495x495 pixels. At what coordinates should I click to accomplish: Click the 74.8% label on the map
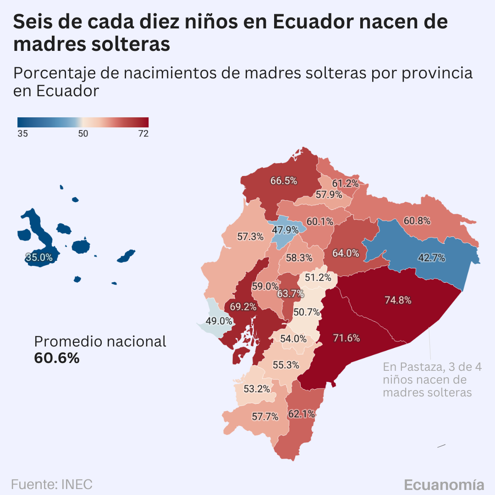point(397,300)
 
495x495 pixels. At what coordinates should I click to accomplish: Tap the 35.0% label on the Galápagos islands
point(39,258)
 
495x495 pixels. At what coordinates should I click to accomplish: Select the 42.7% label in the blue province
point(431,258)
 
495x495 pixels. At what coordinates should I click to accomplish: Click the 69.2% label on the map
point(243,307)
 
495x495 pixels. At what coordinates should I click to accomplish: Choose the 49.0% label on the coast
point(219,321)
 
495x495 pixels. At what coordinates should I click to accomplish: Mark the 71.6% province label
point(346,338)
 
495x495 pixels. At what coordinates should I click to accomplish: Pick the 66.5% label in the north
point(283,181)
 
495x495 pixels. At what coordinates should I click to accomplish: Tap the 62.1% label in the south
point(301,414)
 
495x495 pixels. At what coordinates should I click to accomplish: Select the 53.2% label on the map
point(257,389)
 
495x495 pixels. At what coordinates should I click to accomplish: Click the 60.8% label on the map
point(417,221)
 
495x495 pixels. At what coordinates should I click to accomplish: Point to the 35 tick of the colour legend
point(22,133)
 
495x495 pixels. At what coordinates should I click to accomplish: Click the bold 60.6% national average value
point(57,358)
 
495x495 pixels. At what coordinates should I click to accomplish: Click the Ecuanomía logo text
point(444,485)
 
